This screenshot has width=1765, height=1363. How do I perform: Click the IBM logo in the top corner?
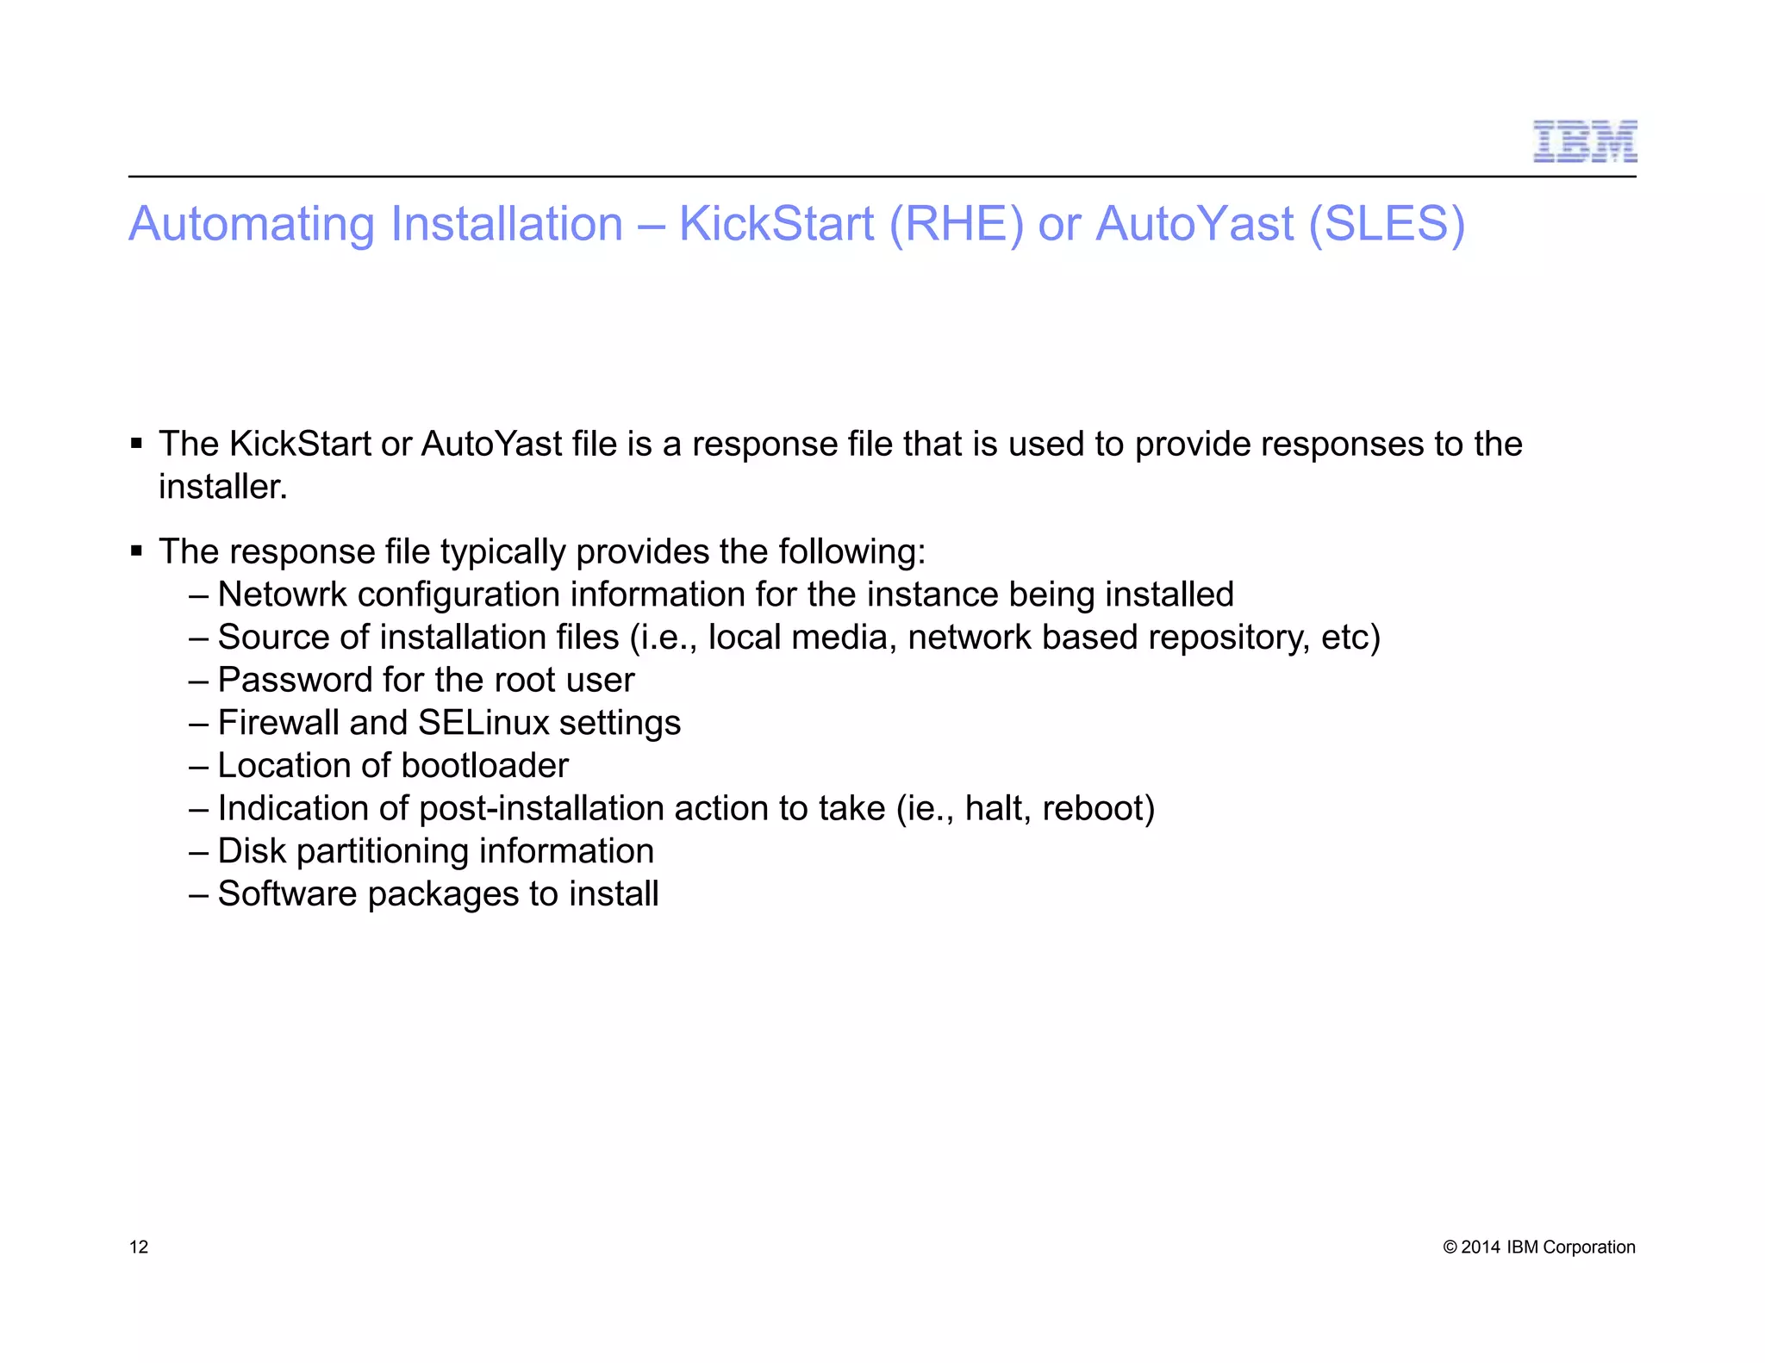(x=1584, y=142)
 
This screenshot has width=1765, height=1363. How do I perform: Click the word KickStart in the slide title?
(x=776, y=224)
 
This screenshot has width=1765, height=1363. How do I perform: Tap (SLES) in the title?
(x=1386, y=224)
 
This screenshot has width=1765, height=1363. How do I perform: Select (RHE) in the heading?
(x=957, y=224)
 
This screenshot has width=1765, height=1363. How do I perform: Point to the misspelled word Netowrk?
(x=282, y=594)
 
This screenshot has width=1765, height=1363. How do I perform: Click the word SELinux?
(x=483, y=723)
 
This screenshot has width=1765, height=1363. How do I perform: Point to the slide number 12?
(x=139, y=1247)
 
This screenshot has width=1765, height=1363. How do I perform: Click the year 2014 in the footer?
(x=1481, y=1247)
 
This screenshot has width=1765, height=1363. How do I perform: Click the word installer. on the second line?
(x=222, y=487)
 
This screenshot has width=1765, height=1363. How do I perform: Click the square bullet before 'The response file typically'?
(x=136, y=551)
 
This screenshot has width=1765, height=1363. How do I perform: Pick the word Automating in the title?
(x=252, y=224)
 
